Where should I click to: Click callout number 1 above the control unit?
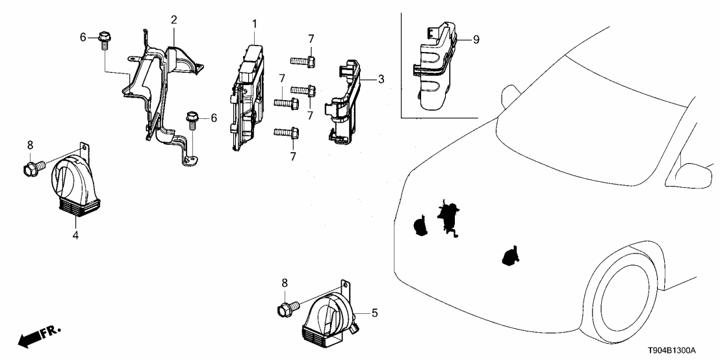[255, 24]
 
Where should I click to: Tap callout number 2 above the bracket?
[174, 19]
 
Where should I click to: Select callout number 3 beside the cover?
[381, 79]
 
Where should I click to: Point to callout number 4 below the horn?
[75, 235]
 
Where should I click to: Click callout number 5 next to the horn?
[374, 313]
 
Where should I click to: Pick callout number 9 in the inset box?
[476, 40]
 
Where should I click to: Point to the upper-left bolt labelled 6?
[103, 39]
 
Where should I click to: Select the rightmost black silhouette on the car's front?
[510, 257]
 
